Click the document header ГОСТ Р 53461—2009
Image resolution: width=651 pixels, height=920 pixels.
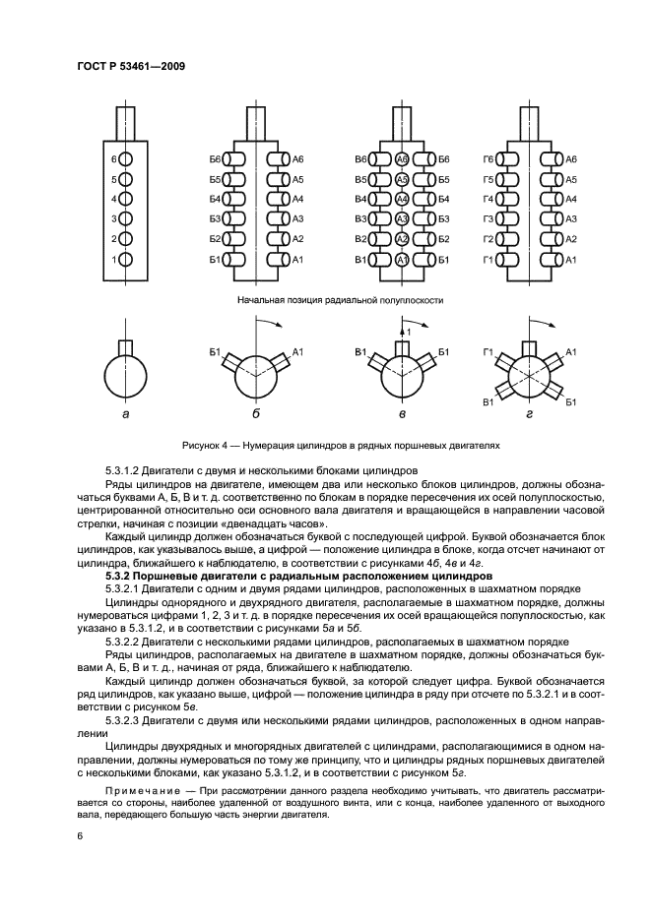click(131, 66)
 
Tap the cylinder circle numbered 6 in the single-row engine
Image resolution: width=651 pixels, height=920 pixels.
click(127, 159)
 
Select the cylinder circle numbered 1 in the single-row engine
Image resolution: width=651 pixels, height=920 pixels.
click(127, 259)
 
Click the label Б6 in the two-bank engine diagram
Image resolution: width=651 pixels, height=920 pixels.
click(215, 159)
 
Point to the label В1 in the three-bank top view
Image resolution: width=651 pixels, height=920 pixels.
click(361, 260)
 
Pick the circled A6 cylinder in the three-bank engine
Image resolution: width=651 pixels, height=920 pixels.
click(402, 159)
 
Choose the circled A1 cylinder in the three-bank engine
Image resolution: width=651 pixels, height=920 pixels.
click(402, 259)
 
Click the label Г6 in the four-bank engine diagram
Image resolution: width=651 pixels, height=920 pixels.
click(488, 159)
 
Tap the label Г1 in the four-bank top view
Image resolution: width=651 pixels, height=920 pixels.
click(488, 260)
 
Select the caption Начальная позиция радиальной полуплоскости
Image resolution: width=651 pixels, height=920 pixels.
click(340, 300)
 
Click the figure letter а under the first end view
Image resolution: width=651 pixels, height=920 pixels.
click(124, 415)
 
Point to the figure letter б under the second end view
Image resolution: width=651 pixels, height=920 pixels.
click(255, 414)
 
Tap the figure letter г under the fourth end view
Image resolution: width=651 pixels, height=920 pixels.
click(529, 415)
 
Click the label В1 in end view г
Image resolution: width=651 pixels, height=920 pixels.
click(488, 402)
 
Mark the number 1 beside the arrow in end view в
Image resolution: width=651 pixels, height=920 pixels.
click(410, 333)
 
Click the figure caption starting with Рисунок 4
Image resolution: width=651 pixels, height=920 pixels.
click(341, 446)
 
